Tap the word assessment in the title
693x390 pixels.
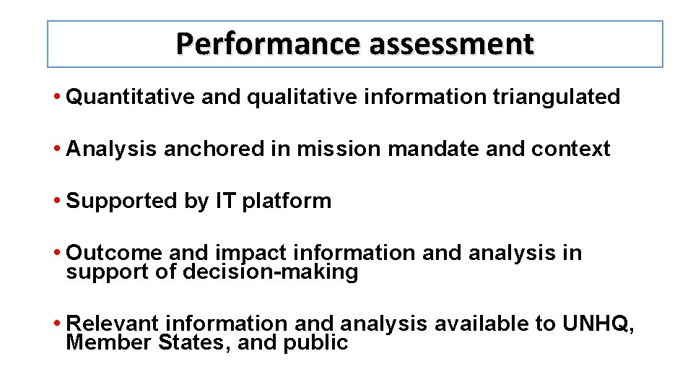click(451, 44)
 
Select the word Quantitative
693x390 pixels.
click(130, 97)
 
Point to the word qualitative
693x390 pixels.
click(302, 97)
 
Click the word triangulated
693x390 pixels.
click(556, 97)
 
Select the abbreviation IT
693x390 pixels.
click(225, 201)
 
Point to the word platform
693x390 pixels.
click(287, 201)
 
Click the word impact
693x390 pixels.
click(251, 253)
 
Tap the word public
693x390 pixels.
click(316, 342)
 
